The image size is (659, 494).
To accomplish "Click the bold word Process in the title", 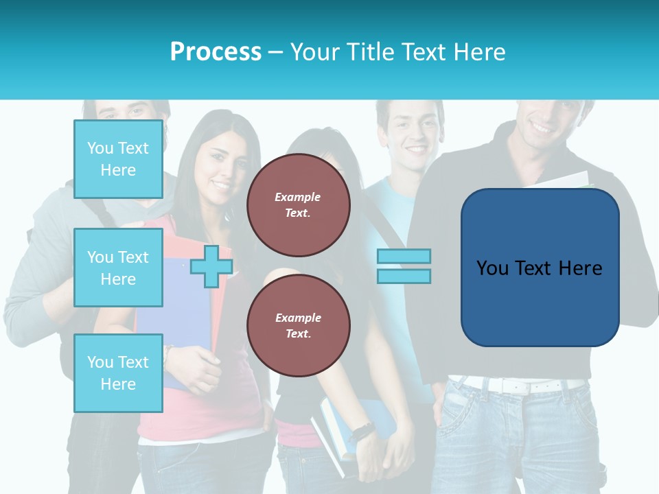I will click(x=216, y=52).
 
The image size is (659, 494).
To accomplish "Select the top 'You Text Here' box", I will click(x=118, y=159).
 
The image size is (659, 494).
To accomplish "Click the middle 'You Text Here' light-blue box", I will click(x=118, y=268).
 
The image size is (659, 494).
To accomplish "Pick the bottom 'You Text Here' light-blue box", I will click(x=118, y=373).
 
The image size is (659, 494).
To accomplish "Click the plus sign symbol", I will click(x=211, y=266).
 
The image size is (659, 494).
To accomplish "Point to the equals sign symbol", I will click(x=404, y=266).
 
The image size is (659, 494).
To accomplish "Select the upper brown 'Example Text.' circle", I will click(x=298, y=205).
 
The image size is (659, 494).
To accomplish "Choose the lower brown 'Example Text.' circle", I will click(x=298, y=326).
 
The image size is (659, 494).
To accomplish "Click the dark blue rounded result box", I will click(x=540, y=268).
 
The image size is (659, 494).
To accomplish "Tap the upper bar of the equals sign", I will click(x=404, y=257).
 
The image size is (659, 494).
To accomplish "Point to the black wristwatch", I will click(x=361, y=432).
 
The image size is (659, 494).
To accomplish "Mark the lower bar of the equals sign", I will click(x=404, y=276).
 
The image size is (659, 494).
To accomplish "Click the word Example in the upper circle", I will click(x=298, y=197).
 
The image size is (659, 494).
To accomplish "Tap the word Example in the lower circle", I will click(x=298, y=318).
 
